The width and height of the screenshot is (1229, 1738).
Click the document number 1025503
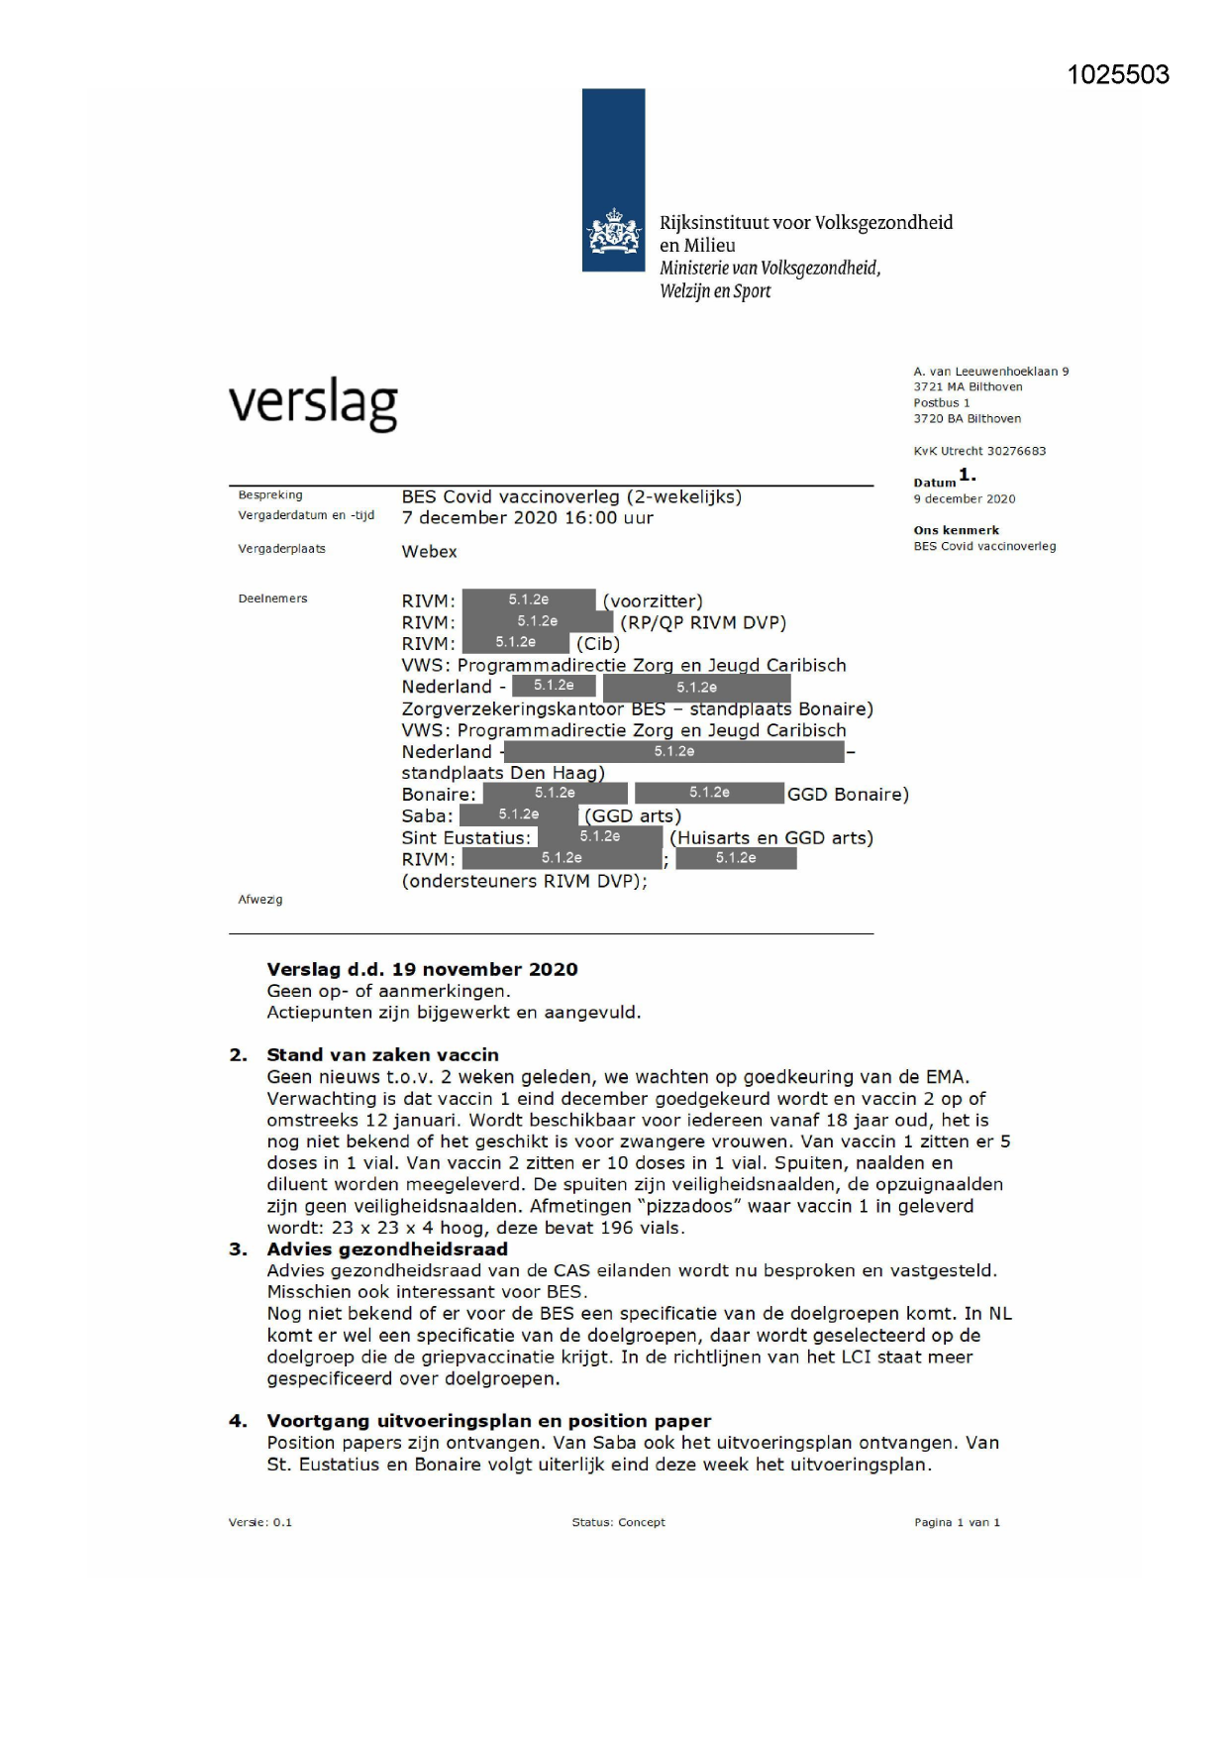1117,75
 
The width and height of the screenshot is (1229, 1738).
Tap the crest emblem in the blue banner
613,232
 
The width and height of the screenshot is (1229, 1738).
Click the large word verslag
313,403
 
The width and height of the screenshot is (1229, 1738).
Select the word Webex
429,552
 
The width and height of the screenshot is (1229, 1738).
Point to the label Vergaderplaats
281,549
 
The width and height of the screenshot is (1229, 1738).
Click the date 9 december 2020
964,499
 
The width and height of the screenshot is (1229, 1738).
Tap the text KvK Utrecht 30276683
978,451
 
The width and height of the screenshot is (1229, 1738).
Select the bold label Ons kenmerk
956,530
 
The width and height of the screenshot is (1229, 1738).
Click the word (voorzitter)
652,601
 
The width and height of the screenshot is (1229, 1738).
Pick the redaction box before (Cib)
516,642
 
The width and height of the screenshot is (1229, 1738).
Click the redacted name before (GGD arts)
518,815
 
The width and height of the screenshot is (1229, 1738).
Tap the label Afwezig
259,900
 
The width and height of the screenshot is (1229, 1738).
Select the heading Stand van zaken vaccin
382,1055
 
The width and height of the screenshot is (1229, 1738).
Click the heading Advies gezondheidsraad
386,1249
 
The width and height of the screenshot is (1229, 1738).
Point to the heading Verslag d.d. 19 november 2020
422,970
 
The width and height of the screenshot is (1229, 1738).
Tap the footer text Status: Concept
618,1522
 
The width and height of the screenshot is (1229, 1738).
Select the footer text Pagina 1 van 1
957,1522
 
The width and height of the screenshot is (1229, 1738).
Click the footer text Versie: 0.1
259,1522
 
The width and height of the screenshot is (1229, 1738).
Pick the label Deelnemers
272,598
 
